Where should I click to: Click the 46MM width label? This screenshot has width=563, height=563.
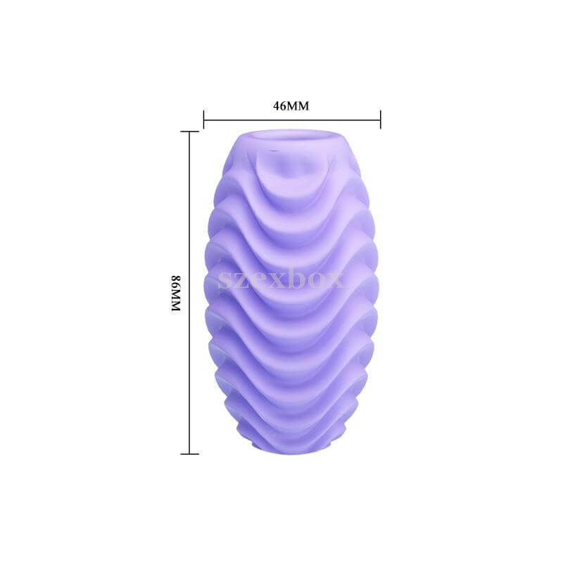click(291, 106)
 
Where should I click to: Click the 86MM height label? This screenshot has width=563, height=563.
click(175, 293)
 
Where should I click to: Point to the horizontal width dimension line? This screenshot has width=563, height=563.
click(292, 120)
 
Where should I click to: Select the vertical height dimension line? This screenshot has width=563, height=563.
click(189, 293)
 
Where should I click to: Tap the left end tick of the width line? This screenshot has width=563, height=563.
click(203, 120)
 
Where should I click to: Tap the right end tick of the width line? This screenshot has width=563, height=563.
click(381, 120)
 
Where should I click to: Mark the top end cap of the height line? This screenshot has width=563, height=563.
click(189, 132)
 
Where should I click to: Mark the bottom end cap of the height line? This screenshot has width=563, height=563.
click(189, 454)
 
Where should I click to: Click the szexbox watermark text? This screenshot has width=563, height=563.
click(281, 278)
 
